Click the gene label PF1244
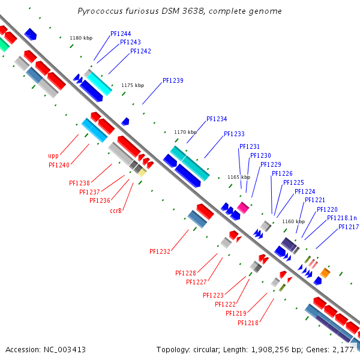tap(121, 34)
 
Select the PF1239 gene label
tap(173, 80)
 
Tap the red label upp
tap(53, 155)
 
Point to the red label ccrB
tap(116, 211)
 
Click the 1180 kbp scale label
tap(81, 38)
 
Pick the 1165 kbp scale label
tap(239, 177)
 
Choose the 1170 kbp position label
tap(185, 132)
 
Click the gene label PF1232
tap(160, 251)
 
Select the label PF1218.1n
tap(342, 218)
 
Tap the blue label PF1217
tap(349, 227)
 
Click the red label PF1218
tap(248, 323)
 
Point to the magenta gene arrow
tap(242, 207)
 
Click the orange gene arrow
tap(325, 273)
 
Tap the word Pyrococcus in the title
tap(100, 11)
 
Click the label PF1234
tap(217, 119)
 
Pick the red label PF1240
tap(59, 165)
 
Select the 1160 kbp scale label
tap(293, 221)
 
